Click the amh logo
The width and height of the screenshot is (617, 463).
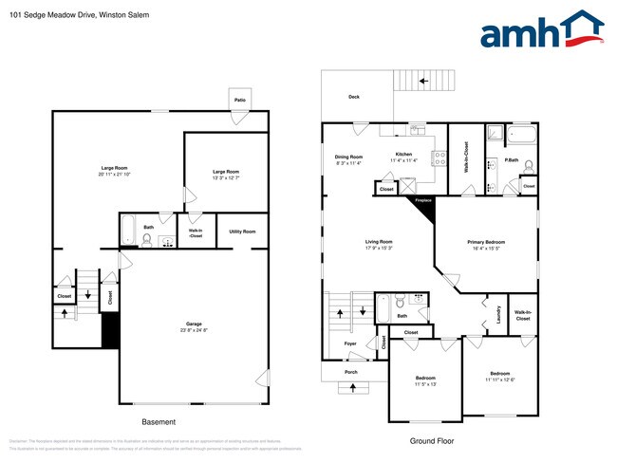[541, 31]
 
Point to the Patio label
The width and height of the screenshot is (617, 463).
[239, 99]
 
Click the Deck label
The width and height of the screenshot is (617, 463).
[354, 97]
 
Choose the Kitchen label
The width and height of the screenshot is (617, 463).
[403, 154]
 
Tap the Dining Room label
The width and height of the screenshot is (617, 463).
[348, 157]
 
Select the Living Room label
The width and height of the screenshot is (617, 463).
[379, 242]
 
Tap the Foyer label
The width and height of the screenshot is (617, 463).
[350, 343]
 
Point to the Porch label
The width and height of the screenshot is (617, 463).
[351, 372]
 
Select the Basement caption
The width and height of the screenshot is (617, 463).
[159, 422]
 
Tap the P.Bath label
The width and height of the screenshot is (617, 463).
[511, 160]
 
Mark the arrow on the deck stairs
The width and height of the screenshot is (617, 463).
[423, 82]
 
